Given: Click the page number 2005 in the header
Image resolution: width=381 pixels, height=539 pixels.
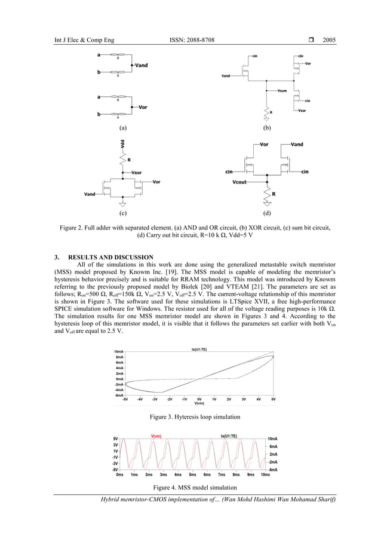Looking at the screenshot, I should click(x=329, y=40).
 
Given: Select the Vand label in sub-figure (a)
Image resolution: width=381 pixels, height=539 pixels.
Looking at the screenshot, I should click(x=143, y=65).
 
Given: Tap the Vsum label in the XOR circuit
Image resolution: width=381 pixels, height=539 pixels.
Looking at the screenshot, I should click(x=284, y=90).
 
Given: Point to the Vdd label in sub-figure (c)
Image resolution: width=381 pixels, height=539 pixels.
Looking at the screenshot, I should click(x=122, y=146).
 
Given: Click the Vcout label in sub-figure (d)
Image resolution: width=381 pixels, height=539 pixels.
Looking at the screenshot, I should click(x=241, y=181).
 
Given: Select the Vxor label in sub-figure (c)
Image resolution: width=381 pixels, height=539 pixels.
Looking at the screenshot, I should click(x=137, y=172).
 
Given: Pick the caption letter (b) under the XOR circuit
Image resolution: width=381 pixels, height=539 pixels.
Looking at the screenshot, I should click(x=266, y=128).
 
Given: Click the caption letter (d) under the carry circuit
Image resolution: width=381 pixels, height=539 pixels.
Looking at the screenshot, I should click(x=266, y=213).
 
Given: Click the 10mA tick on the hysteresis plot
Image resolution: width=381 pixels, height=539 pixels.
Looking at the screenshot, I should click(x=119, y=351).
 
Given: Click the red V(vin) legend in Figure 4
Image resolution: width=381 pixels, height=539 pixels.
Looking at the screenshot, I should click(x=158, y=436).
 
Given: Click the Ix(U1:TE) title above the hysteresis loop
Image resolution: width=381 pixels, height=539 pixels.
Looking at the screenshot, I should click(x=200, y=350).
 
